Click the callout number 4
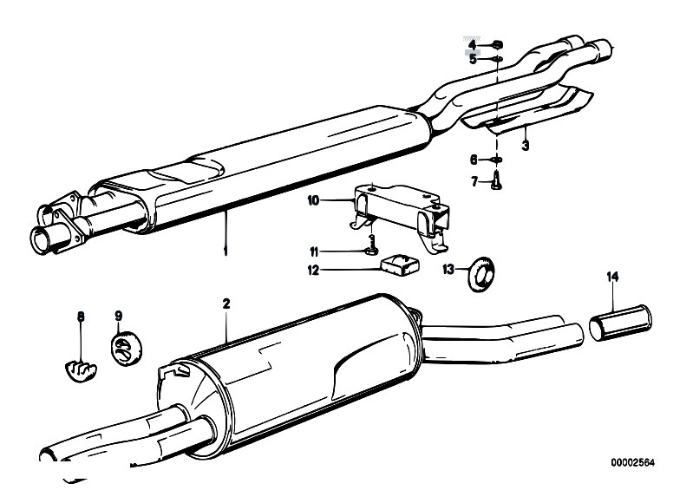click(473, 44)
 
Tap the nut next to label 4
click(497, 44)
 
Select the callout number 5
click(473, 59)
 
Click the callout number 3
click(525, 145)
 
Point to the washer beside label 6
click(497, 160)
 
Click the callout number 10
click(313, 200)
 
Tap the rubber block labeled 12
click(400, 265)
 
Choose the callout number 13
click(448, 269)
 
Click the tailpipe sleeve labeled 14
click(620, 323)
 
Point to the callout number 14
click(612, 277)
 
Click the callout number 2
click(226, 304)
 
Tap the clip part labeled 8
click(81, 370)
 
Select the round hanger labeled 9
click(125, 348)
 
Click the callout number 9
click(119, 316)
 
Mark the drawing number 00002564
click(633, 462)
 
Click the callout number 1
click(226, 252)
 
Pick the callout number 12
click(313, 270)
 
